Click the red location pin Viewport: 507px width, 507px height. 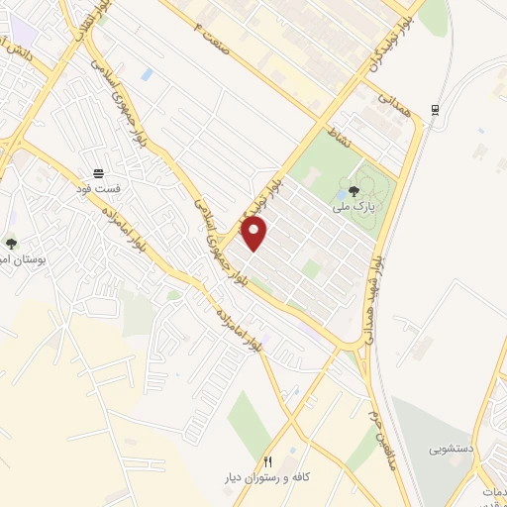(x=255, y=234)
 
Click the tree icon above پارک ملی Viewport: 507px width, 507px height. (x=355, y=192)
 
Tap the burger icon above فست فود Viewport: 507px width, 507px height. (x=98, y=172)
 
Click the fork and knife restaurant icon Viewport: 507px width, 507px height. (x=267, y=462)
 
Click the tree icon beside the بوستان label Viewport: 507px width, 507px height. (x=11, y=243)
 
